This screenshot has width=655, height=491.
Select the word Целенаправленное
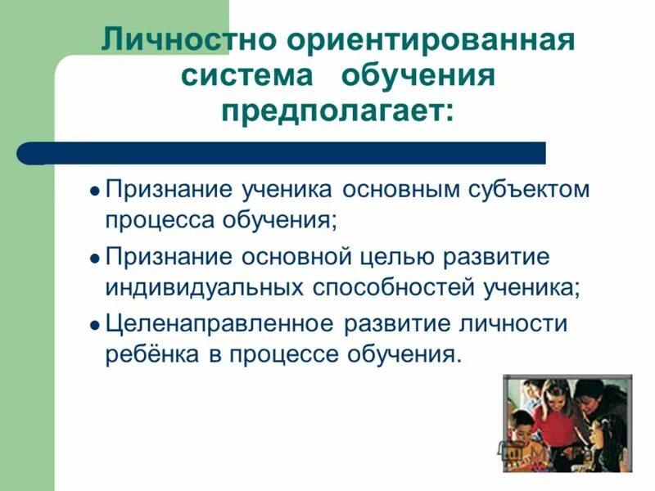click(219, 322)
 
